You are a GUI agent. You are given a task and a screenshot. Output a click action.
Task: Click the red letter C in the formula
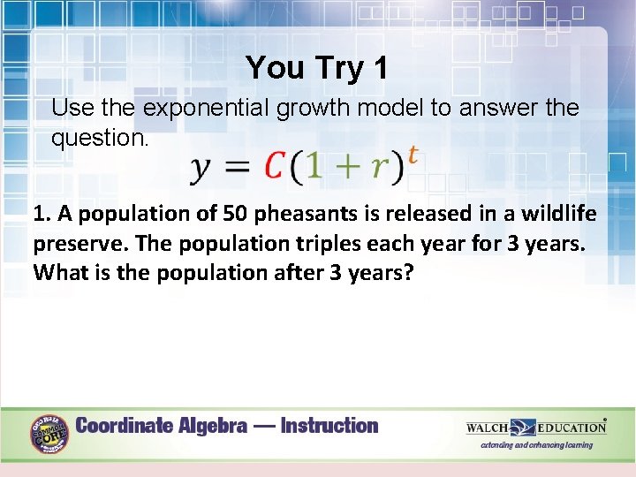[x=276, y=166]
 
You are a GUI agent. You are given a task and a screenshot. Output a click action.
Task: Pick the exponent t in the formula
[x=412, y=155]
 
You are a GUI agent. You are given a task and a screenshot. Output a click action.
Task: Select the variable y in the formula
[x=202, y=169]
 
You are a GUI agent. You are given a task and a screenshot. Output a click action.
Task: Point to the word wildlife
[x=558, y=214]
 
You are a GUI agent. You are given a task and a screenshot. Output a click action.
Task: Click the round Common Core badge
[x=50, y=434]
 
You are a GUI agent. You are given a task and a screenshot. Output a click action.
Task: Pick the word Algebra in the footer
[x=208, y=426]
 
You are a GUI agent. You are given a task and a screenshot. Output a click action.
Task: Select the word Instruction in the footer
[x=329, y=426]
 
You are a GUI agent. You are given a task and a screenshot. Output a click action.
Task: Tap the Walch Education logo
[x=535, y=428]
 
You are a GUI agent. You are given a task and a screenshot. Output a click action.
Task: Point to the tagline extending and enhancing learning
[x=536, y=445]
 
